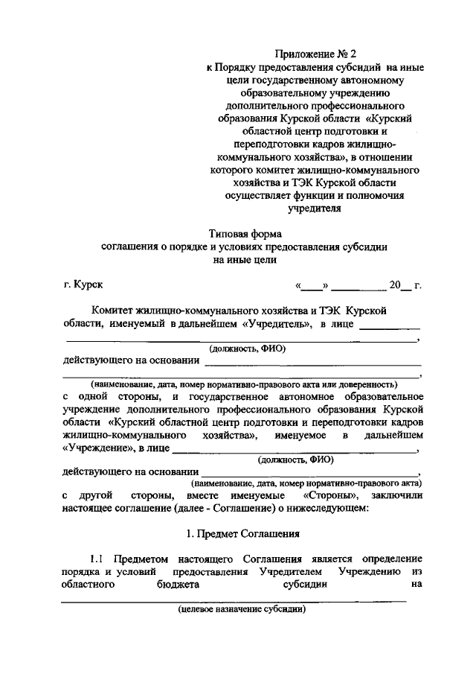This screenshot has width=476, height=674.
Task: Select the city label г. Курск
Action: click(x=83, y=284)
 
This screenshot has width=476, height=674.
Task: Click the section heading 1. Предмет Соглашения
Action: click(x=242, y=533)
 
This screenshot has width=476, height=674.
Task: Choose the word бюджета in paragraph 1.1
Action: click(x=176, y=585)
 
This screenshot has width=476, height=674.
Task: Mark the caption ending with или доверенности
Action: click(x=242, y=384)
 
